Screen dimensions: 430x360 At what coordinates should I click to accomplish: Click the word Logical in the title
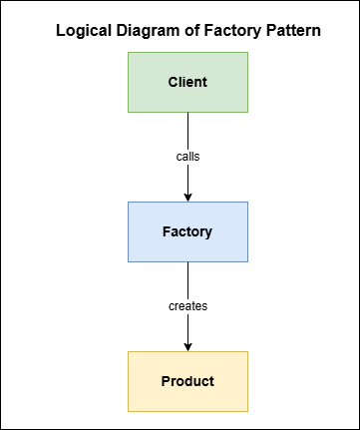click(83, 32)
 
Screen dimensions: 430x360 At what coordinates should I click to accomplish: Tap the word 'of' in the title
click(190, 32)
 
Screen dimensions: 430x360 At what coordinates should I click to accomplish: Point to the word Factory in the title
click(231, 32)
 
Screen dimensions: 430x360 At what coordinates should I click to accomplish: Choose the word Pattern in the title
click(292, 32)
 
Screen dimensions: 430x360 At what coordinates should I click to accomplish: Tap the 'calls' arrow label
click(187, 157)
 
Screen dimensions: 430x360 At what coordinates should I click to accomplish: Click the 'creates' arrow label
click(187, 306)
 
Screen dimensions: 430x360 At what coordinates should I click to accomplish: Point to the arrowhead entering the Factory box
click(187, 196)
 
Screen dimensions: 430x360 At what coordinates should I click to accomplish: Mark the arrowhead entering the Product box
click(187, 345)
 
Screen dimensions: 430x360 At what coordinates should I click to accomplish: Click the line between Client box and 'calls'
click(187, 130)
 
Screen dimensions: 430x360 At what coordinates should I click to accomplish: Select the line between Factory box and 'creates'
click(187, 279)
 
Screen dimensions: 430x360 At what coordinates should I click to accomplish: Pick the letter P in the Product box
click(166, 381)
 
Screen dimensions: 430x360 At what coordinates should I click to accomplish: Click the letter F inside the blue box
click(167, 231)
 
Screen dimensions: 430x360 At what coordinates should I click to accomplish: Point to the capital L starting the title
click(61, 32)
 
